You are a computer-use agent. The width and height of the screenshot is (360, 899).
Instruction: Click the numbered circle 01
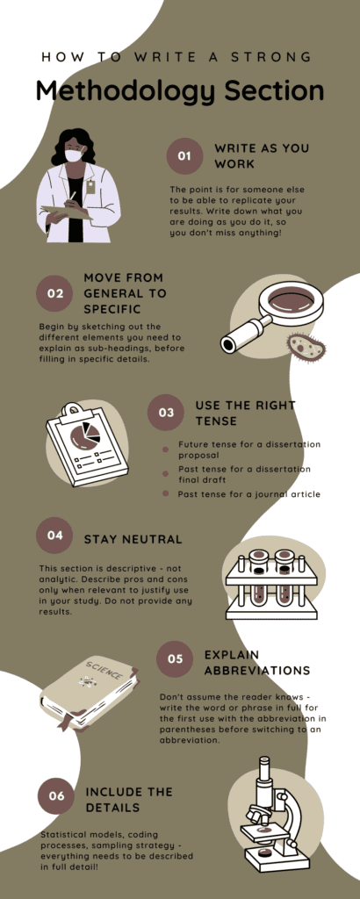pos(184,155)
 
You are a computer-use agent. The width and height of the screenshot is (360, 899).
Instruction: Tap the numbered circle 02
pos(54,293)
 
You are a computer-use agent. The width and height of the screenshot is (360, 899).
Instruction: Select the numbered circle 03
pos(166,413)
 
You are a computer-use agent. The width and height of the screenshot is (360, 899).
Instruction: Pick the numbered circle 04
pos(54,536)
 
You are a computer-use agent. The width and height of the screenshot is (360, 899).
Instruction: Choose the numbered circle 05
pos(175,658)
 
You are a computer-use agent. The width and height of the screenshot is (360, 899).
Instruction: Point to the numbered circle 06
pos(56,795)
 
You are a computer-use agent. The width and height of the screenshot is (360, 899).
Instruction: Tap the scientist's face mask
pos(74,155)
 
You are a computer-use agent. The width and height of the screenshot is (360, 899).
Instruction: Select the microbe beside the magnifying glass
pos(306,348)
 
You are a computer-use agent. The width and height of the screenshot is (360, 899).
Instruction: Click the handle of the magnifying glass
pos(241,334)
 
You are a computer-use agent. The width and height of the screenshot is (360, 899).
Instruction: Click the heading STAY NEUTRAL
pos(133,540)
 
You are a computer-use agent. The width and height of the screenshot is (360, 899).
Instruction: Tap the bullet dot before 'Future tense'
pos(166,449)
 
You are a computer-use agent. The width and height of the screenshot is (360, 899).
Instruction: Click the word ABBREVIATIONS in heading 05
pos(257,671)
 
